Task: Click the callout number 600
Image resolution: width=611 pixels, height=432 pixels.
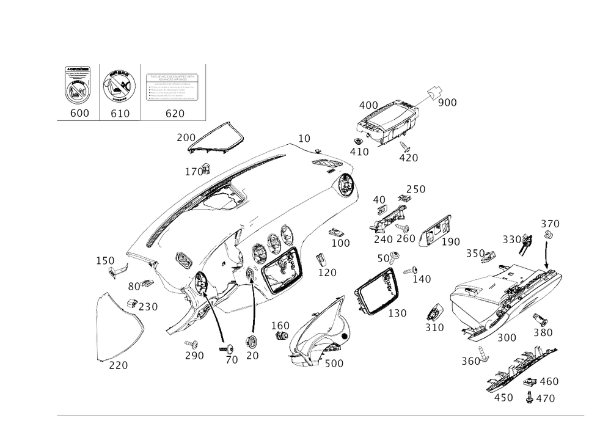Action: pyautogui.click(x=79, y=113)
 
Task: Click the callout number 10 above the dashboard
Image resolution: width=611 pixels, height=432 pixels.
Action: pyautogui.click(x=303, y=139)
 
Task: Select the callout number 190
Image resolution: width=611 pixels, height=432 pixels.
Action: pyautogui.click(x=451, y=243)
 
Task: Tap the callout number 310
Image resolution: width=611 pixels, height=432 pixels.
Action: pyautogui.click(x=435, y=328)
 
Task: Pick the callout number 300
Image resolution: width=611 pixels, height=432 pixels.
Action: pyautogui.click(x=507, y=337)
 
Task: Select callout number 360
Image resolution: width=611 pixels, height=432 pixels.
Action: pyautogui.click(x=470, y=361)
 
